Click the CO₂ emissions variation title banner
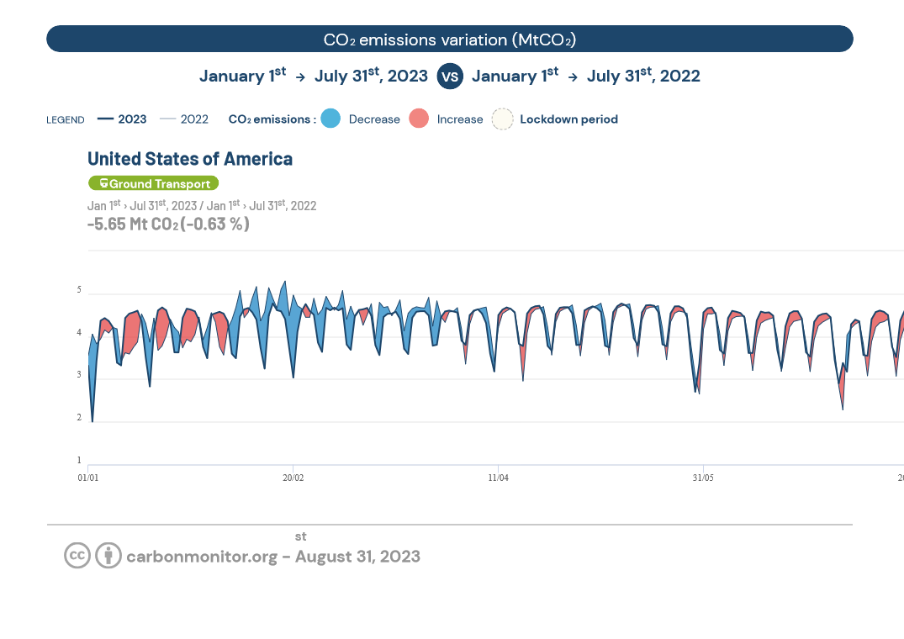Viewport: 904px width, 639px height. [449, 39]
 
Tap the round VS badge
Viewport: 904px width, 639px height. [450, 77]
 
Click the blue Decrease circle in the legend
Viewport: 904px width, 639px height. [330, 119]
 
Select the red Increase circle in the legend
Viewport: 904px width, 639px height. [419, 119]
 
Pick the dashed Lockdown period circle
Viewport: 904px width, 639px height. [502, 119]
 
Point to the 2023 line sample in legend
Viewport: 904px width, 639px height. [105, 119]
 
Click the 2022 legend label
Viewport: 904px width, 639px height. [194, 119]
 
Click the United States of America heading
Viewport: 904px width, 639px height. [190, 159]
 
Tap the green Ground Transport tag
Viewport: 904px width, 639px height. [153, 183]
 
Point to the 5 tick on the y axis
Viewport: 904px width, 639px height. [79, 291]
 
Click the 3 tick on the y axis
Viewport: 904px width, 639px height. [79, 376]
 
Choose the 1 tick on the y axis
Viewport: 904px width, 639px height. [79, 461]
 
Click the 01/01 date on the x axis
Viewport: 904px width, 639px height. [88, 478]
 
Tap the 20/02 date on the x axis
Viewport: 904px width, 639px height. [293, 478]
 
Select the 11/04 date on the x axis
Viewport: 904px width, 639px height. [498, 478]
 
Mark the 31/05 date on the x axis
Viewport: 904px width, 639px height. [703, 478]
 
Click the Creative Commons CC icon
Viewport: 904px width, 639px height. [77, 556]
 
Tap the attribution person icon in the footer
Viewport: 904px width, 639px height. [108, 556]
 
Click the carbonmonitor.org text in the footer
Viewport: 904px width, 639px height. [202, 557]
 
